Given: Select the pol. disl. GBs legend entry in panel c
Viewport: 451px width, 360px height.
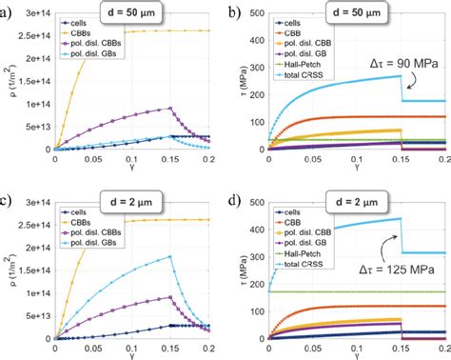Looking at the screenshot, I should [x=95, y=242].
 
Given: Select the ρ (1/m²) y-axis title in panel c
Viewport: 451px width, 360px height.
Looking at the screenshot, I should [x=12, y=267].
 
